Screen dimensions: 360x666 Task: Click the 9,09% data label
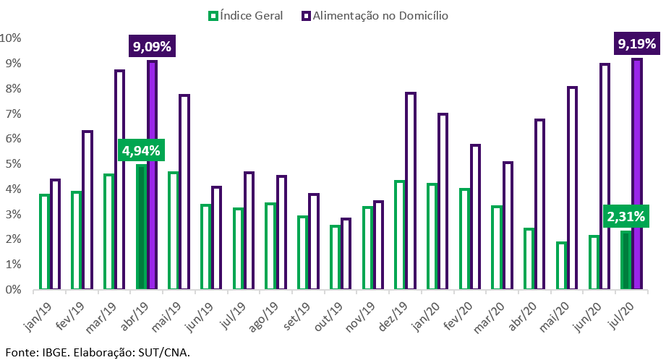point(152,48)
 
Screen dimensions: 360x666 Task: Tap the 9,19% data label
point(637,45)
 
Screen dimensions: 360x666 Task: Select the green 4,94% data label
point(142,150)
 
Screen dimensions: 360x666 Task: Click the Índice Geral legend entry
point(246,15)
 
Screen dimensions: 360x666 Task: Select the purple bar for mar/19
point(119,180)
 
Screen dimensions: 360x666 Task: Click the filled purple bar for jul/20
point(637,174)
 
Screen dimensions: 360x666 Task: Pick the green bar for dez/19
point(399,235)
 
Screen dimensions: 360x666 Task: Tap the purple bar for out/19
point(346,254)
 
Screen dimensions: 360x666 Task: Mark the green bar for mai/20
point(561,266)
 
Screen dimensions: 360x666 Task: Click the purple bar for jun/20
point(605,176)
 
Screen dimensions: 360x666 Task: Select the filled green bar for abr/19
point(141,227)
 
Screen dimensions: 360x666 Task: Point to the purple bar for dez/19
point(411,191)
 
